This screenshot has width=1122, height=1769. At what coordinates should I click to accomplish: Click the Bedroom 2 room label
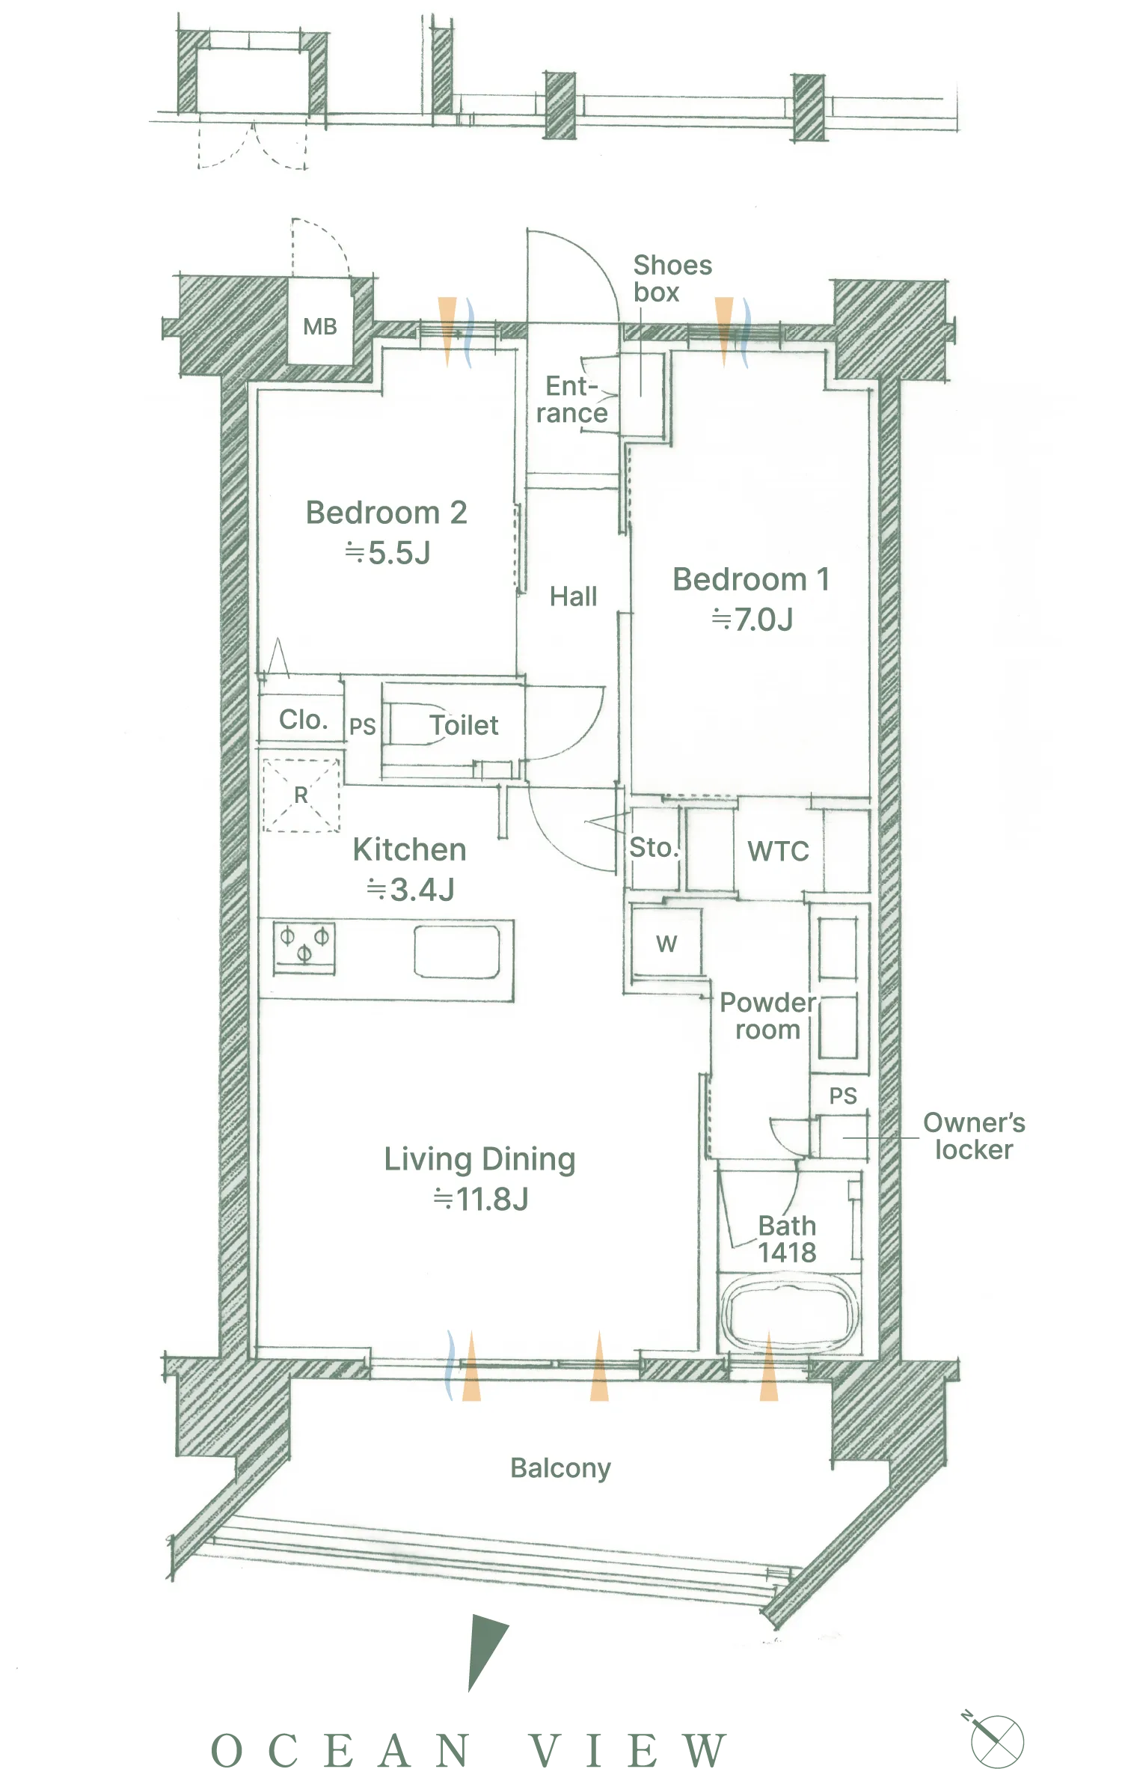(387, 513)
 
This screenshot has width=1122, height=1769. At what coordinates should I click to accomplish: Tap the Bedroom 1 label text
(751, 580)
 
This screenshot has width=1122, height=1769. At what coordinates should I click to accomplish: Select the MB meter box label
(320, 327)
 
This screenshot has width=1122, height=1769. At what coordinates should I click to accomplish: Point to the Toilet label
(464, 725)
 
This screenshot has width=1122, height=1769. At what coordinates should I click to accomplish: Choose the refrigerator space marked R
(301, 795)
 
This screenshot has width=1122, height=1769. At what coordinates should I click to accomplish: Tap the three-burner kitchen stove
(304, 948)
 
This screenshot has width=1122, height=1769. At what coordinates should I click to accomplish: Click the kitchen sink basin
(457, 952)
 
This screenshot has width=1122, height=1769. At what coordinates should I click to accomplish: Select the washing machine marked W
(666, 943)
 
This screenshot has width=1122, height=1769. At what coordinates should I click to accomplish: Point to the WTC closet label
(778, 852)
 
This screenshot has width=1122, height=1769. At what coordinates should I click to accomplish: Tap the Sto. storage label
(654, 848)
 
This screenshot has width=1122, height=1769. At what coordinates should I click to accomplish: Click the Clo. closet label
(303, 720)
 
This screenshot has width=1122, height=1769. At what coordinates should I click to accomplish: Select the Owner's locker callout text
(974, 1137)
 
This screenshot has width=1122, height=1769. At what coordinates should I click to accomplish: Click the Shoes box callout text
(672, 278)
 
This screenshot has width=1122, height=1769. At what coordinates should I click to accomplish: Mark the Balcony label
(560, 1469)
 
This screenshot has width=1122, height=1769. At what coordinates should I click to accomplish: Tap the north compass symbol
(996, 1740)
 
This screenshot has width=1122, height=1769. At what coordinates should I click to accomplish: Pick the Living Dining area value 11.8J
(481, 1200)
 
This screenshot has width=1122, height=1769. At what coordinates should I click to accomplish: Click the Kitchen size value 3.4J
(411, 890)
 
